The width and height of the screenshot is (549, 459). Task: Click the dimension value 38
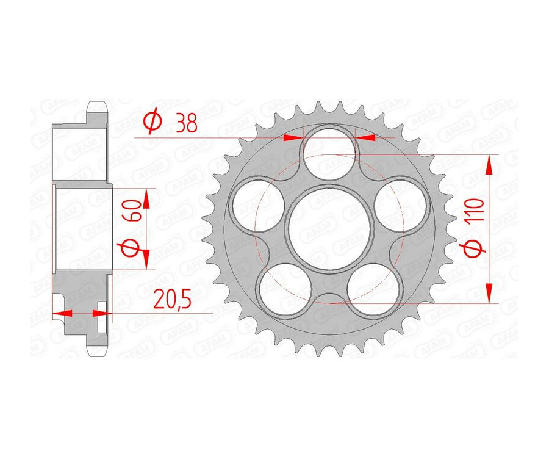[185, 124]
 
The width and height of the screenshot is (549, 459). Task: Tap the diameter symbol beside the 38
[152, 123]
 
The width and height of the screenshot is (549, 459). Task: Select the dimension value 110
[478, 209]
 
